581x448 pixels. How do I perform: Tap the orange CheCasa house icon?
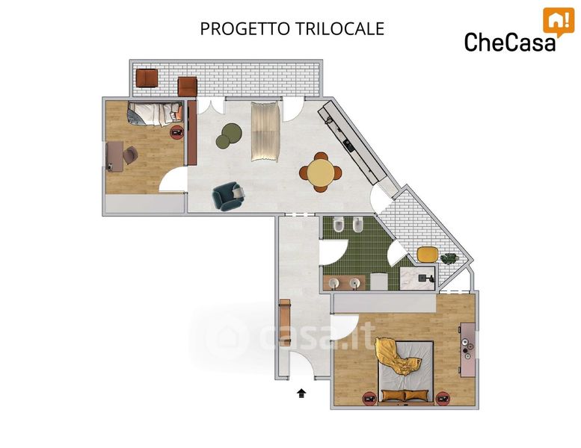click(x=559, y=22)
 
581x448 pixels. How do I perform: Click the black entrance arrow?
click(x=301, y=393)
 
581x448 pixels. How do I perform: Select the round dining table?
click(x=321, y=172)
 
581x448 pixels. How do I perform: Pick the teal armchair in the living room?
click(x=228, y=196)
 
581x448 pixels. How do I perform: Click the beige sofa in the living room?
click(x=265, y=131)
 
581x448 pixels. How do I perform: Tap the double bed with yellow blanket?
click(x=405, y=370)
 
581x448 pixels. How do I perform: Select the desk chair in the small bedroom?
click(x=130, y=155)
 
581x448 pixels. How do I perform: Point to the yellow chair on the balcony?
click(x=428, y=254)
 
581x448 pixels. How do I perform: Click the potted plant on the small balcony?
click(x=449, y=258)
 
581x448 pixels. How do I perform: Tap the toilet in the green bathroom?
click(x=338, y=225)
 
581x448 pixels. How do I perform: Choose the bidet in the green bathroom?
click(x=357, y=225)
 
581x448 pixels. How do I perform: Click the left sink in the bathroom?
click(x=333, y=284)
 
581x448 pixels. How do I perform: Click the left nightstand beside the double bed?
click(x=369, y=399)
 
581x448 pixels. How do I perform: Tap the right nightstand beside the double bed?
click(x=443, y=399)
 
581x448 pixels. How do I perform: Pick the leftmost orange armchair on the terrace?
click(x=147, y=78)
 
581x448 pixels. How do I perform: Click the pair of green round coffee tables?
click(x=229, y=136)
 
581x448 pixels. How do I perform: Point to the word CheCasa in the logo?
click(x=510, y=41)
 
